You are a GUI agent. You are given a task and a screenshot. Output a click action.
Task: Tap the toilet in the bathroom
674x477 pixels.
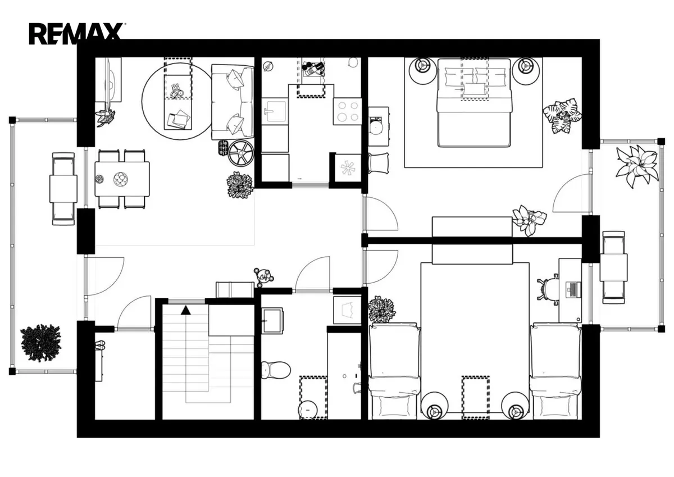pyautogui.click(x=276, y=370)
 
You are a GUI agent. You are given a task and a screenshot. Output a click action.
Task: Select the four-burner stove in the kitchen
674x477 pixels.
pyautogui.click(x=347, y=111)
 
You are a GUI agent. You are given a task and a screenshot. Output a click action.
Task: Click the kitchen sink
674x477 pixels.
pyautogui.click(x=275, y=111)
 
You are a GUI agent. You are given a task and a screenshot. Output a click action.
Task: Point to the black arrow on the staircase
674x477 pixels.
pyautogui.click(x=186, y=310)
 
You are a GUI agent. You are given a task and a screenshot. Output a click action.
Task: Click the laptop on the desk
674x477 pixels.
pyautogui.click(x=573, y=290)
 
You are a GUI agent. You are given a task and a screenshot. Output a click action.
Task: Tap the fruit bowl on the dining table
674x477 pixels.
pyautogui.click(x=121, y=179)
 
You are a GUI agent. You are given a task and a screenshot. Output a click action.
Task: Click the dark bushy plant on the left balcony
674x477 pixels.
pyautogui.click(x=40, y=343)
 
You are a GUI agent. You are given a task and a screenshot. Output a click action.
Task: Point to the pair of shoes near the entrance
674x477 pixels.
pyautogui.click(x=100, y=345)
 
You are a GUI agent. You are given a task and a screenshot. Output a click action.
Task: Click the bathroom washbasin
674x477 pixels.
pyautogui.click(x=272, y=320)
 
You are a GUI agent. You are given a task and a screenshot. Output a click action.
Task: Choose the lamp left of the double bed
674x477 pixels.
pyautogui.click(x=422, y=71)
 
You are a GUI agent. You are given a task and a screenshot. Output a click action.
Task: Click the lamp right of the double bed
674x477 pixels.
pyautogui.click(x=526, y=71)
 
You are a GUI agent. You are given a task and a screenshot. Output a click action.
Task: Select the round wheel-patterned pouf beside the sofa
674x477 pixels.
pyautogui.click(x=241, y=153)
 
